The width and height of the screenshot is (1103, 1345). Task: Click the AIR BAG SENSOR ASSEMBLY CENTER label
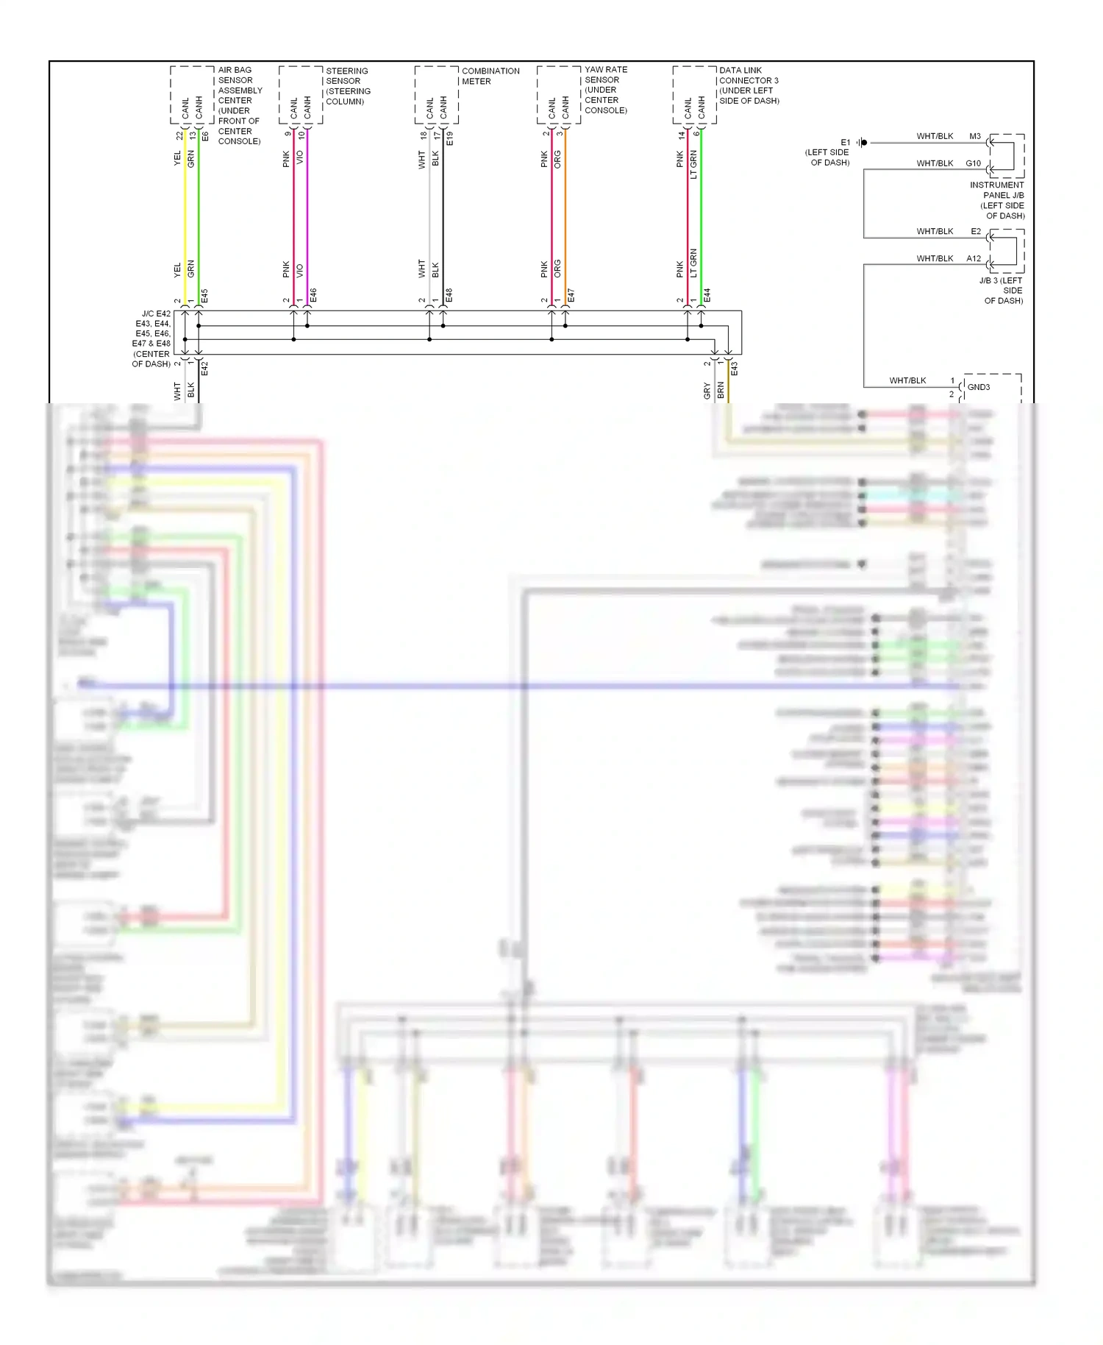[x=239, y=105]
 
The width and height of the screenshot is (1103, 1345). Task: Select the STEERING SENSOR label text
[x=348, y=86]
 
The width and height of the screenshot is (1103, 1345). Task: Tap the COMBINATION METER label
[x=490, y=76]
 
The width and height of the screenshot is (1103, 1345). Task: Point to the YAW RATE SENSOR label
[x=605, y=90]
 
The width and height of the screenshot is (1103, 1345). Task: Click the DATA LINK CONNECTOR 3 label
[x=749, y=85]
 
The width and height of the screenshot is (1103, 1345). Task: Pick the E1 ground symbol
[x=863, y=143]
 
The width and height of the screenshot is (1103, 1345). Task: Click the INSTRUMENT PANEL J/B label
[x=997, y=200]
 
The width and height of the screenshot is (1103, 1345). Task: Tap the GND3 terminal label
[x=978, y=387]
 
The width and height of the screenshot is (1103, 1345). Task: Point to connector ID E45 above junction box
[x=204, y=296]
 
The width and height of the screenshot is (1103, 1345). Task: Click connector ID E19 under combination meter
[x=450, y=138]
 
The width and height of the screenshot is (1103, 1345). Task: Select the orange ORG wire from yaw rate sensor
[x=565, y=213]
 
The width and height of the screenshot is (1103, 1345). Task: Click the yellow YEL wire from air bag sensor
[x=185, y=213]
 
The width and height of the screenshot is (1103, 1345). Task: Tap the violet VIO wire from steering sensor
[x=307, y=213]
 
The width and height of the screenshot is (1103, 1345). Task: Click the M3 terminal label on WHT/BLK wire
[x=974, y=136]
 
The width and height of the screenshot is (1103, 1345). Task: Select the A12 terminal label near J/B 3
[x=973, y=258]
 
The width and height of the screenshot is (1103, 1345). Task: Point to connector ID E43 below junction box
[x=734, y=369]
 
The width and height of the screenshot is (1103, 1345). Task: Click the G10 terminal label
[x=973, y=163]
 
